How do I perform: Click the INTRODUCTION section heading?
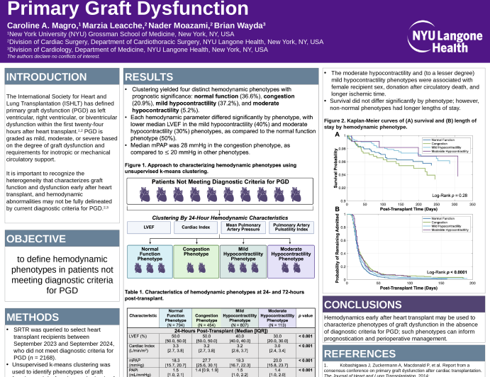pos(47,77)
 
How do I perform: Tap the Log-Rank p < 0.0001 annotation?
pos(445,271)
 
